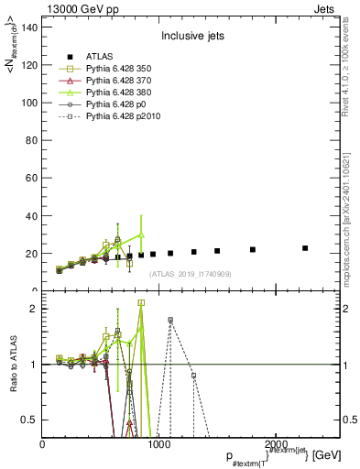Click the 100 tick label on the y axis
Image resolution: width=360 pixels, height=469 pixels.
point(29,103)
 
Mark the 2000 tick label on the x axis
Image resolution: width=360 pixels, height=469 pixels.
point(275,444)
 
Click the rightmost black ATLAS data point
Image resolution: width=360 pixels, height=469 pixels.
point(305,248)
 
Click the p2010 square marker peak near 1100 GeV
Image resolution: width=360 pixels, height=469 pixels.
point(170,320)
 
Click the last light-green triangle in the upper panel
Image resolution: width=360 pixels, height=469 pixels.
point(141,234)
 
